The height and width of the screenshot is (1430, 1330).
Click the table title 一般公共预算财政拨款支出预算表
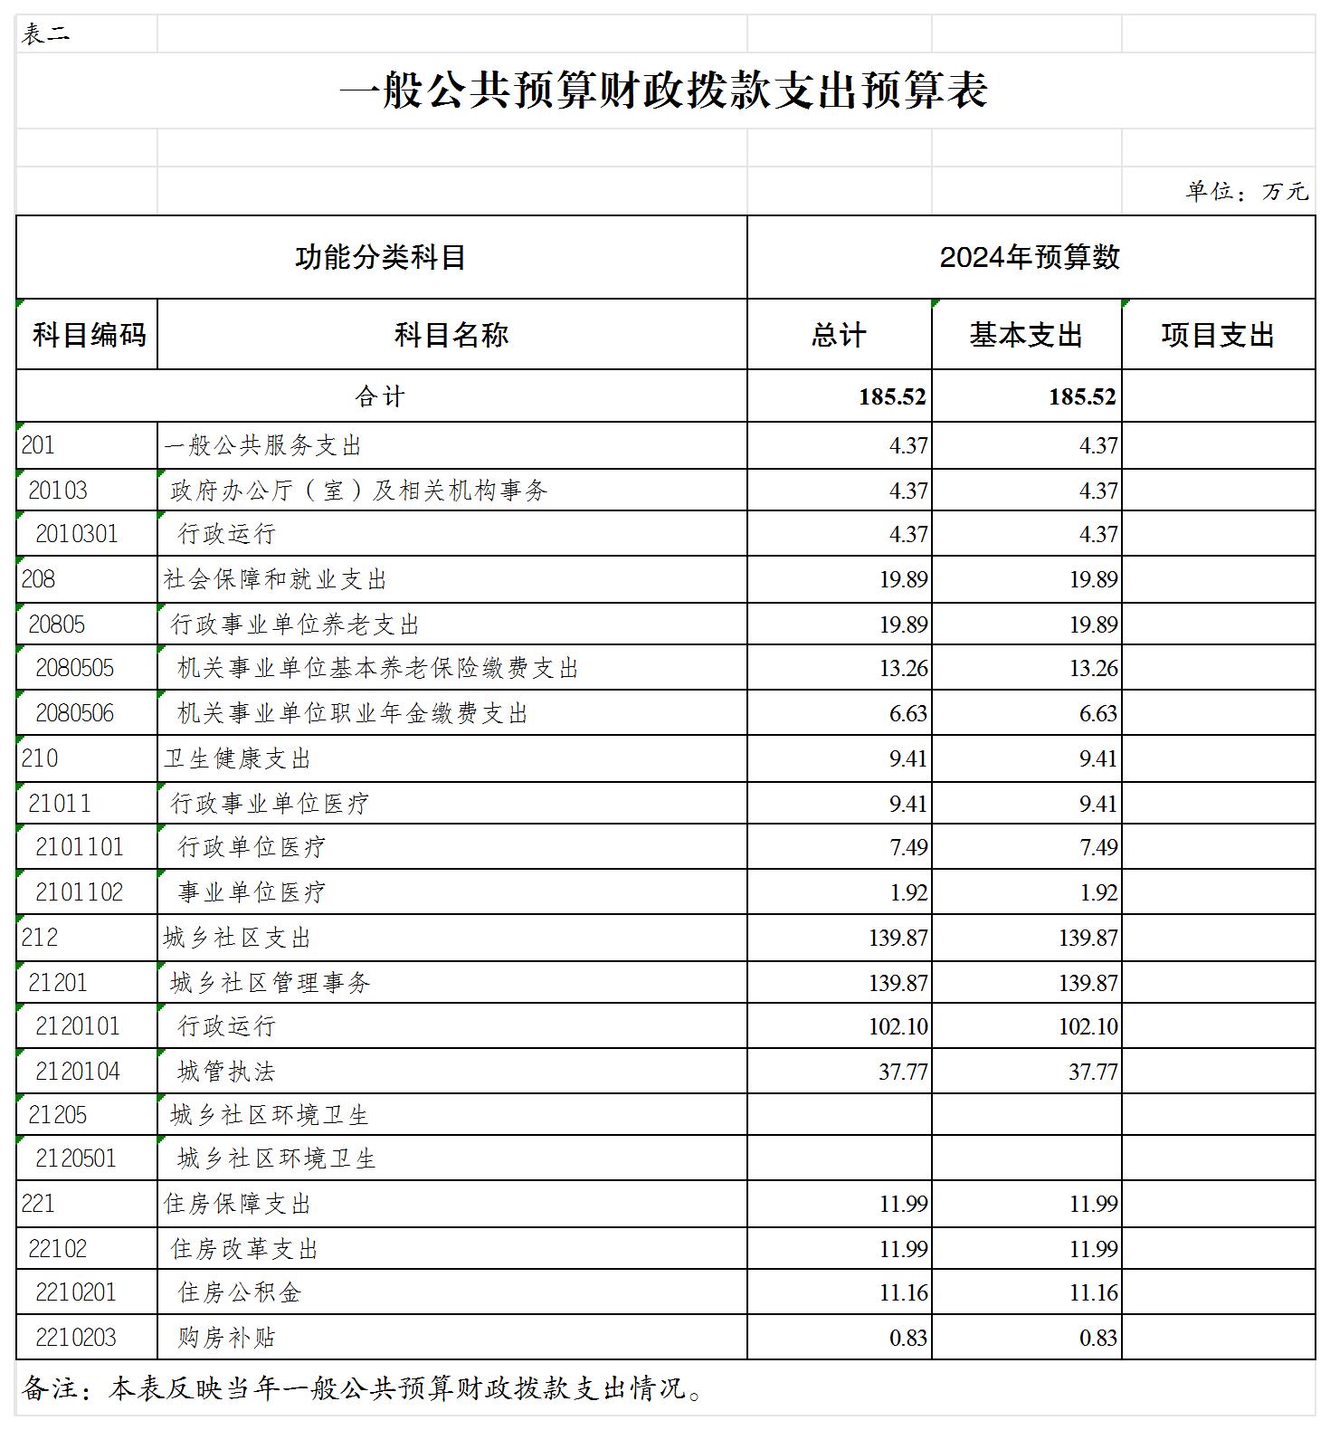tap(663, 91)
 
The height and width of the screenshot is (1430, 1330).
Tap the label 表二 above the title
tap(45, 34)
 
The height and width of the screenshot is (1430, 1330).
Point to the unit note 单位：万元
tap(1247, 191)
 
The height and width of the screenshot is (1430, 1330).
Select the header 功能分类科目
tap(381, 257)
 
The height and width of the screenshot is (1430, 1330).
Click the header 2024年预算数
tap(1030, 257)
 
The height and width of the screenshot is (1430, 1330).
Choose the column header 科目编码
tap(88, 335)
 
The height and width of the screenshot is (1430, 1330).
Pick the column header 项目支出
tap(1218, 335)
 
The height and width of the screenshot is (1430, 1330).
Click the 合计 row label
tap(380, 396)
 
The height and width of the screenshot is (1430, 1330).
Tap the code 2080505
tap(75, 668)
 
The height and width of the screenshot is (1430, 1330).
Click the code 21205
tap(58, 1115)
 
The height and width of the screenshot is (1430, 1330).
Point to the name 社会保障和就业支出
tap(275, 579)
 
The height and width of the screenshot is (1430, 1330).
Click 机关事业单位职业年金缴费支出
tap(353, 713)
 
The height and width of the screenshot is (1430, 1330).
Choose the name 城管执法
tap(226, 1072)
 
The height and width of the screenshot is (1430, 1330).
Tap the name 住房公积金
tap(240, 1292)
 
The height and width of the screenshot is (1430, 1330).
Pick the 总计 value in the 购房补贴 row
tap(908, 1338)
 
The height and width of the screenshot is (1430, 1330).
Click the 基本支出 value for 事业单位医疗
tap(1098, 892)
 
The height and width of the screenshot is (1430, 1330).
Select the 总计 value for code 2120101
tap(898, 1026)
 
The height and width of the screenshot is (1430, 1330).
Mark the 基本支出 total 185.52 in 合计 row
tap(1082, 396)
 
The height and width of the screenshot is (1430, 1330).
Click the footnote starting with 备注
tap(362, 1388)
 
